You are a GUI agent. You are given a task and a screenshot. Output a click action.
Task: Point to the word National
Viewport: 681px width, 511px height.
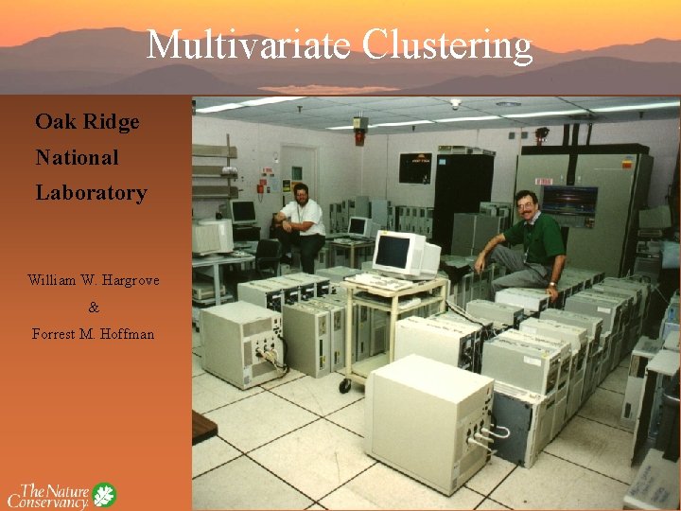point(78,157)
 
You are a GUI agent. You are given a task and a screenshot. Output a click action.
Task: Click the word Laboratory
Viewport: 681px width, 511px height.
point(92,193)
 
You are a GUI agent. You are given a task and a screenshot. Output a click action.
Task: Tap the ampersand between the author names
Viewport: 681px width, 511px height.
point(93,308)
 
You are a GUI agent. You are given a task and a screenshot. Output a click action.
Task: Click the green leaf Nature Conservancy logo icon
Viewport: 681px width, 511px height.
point(103,495)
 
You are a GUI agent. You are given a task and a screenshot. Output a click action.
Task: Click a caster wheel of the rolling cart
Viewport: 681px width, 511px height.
point(346,386)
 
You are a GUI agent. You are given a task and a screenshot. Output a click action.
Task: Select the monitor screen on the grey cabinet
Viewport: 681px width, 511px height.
point(568,200)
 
